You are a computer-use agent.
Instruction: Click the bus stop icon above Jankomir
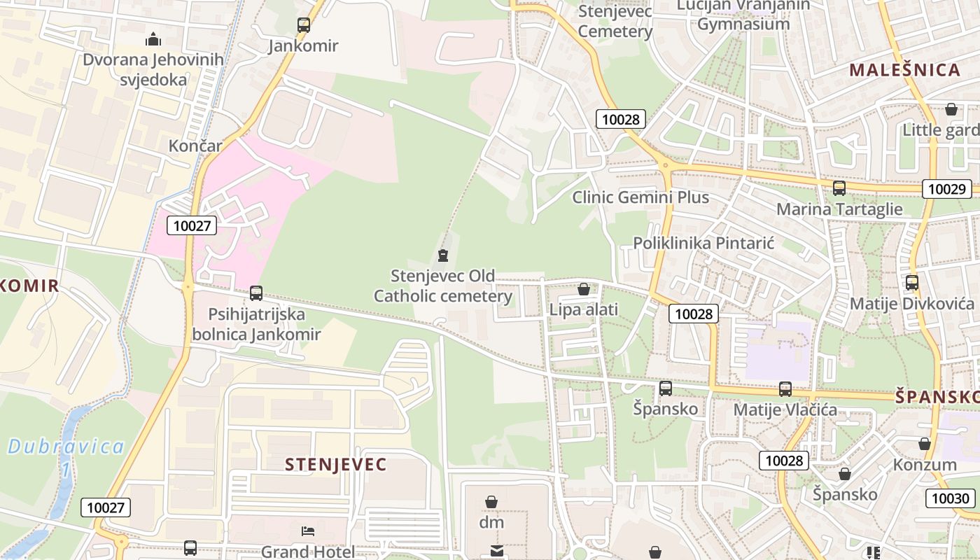[x=304, y=25]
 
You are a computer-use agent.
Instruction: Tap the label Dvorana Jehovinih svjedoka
[x=153, y=69]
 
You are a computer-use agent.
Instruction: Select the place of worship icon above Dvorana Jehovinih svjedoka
[x=153, y=39]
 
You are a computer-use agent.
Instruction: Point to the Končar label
[x=195, y=146]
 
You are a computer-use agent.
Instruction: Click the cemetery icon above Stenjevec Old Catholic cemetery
[x=442, y=255]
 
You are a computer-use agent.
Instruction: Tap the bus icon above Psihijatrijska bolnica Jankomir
[x=256, y=293]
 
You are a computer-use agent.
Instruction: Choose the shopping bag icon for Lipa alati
[x=584, y=289]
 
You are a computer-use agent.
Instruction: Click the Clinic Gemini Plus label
[x=640, y=197]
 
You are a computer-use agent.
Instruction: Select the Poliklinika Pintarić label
[x=703, y=243]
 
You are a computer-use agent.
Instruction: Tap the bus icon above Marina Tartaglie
[x=839, y=188]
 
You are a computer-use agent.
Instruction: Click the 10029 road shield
[x=946, y=188]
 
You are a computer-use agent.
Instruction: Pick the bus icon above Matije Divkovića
[x=911, y=283]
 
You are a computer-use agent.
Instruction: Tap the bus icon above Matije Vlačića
[x=785, y=389]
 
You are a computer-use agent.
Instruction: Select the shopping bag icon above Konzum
[x=925, y=444]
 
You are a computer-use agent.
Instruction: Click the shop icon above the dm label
[x=491, y=502]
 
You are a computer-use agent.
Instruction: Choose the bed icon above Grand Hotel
[x=307, y=531]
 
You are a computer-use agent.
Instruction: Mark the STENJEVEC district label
[x=335, y=465]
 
